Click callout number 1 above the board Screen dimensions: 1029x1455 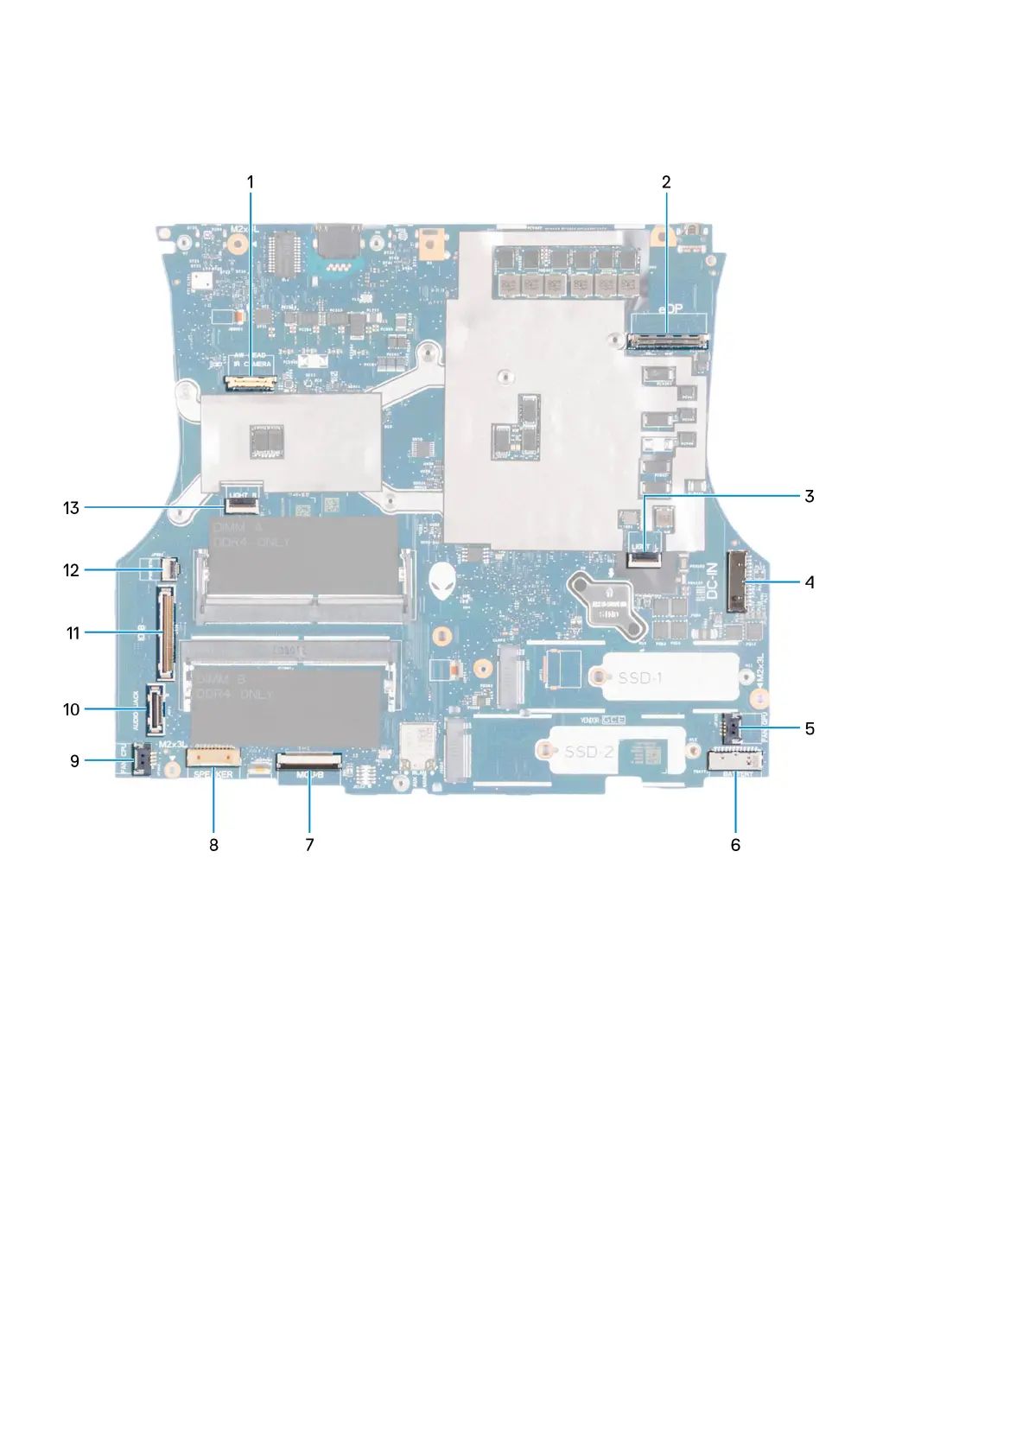pyautogui.click(x=251, y=181)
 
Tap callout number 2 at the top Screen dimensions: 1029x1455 pyautogui.click(x=666, y=181)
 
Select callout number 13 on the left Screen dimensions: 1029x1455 pyautogui.click(x=71, y=508)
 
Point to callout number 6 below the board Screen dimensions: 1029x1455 pyautogui.click(x=735, y=844)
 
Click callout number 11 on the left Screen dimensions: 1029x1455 pyautogui.click(x=73, y=633)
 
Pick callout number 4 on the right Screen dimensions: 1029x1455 pyautogui.click(x=810, y=582)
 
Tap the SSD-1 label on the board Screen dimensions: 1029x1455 pyautogui.click(x=639, y=678)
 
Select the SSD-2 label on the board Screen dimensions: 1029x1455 pyautogui.click(x=589, y=752)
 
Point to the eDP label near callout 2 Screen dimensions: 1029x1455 pyautogui.click(x=670, y=309)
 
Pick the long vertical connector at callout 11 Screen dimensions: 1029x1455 pyautogui.click(x=164, y=632)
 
